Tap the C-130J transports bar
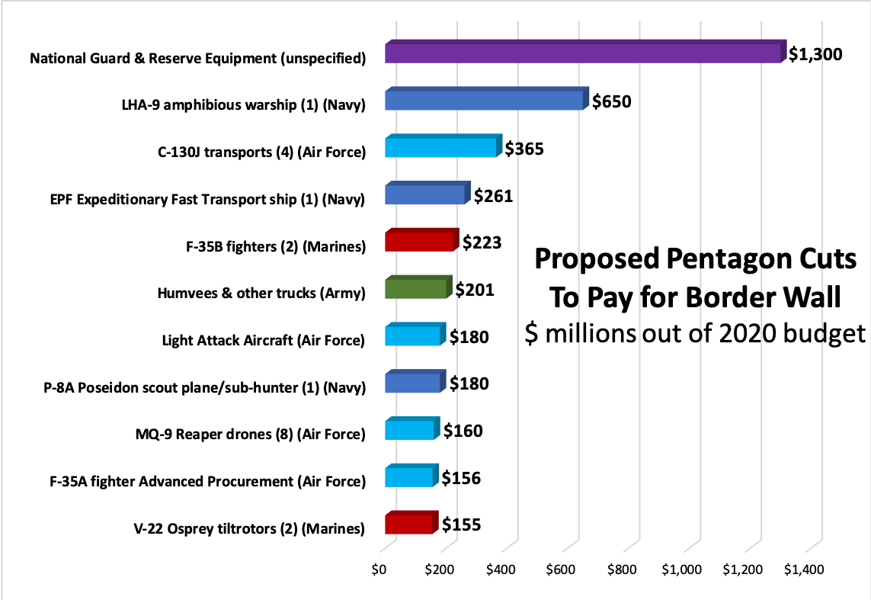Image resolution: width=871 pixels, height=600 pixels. coord(441,147)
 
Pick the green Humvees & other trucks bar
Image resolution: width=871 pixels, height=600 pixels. coord(415,288)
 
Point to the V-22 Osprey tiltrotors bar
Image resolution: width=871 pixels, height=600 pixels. coord(409,524)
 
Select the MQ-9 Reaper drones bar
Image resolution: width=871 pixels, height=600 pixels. coord(410,430)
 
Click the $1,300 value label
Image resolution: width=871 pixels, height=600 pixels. coord(815,54)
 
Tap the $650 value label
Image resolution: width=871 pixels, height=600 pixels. coord(612,101)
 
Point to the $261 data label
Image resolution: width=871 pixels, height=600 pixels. coord(493,196)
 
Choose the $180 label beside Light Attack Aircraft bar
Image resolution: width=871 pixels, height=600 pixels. coord(469,337)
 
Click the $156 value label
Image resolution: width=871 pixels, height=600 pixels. coord(462,478)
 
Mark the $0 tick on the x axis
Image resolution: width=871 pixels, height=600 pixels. coord(379,570)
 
